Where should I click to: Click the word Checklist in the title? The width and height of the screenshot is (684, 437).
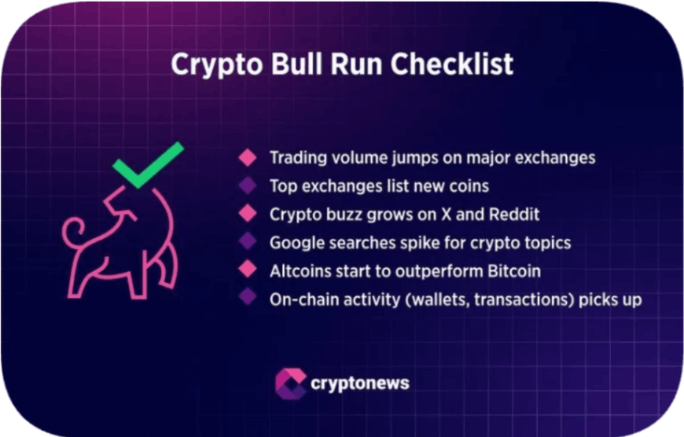(x=452, y=64)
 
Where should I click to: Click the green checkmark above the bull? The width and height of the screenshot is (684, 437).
(x=149, y=164)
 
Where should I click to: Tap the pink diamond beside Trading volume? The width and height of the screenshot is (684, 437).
(x=248, y=157)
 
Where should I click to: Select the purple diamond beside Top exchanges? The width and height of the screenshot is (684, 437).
(x=248, y=185)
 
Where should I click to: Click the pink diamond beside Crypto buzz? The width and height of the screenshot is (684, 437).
(x=248, y=214)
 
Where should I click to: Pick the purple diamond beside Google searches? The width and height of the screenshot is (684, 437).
(x=248, y=243)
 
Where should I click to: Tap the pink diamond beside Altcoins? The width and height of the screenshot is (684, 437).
(x=248, y=271)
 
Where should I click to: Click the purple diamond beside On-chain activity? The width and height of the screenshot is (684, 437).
(x=248, y=299)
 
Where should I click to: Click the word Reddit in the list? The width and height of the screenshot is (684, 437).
(x=514, y=214)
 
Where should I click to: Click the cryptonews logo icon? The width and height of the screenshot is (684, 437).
(x=290, y=384)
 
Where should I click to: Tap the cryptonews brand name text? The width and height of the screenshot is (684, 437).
(x=360, y=384)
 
